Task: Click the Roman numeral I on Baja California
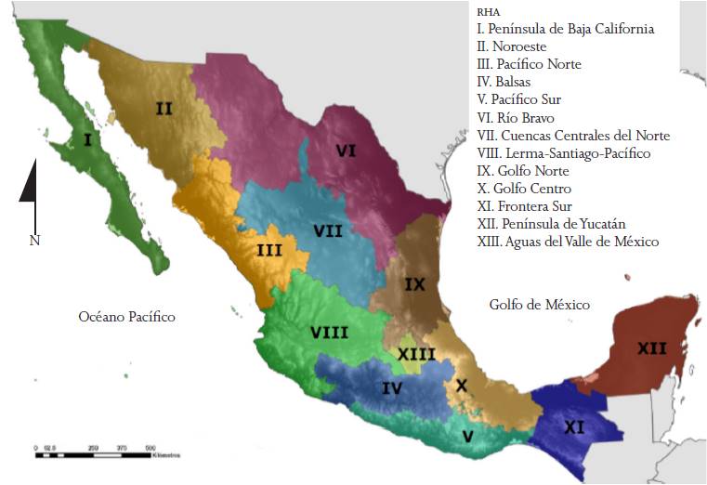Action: [x=87, y=141]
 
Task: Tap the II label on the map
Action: [x=164, y=109]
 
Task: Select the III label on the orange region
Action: [x=269, y=249]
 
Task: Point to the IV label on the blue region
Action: [x=392, y=388]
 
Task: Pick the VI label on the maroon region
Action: [x=347, y=151]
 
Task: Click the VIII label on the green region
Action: [x=330, y=332]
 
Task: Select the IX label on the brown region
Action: [x=415, y=285]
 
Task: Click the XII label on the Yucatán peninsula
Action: [x=651, y=348]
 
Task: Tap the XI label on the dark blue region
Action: [x=574, y=427]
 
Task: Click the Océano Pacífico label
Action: [x=127, y=317]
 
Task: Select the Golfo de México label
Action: [x=540, y=305]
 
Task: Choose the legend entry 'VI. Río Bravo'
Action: [x=515, y=118]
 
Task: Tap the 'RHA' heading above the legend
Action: [x=487, y=13]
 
